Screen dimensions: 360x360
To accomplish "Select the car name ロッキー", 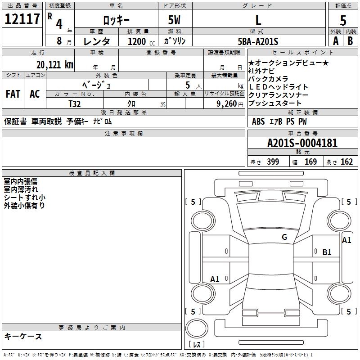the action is (116, 20).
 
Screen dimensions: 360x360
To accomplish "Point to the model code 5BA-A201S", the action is (258, 41).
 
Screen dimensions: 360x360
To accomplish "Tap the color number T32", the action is (75, 103).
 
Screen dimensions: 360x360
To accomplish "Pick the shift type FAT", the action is (13, 94).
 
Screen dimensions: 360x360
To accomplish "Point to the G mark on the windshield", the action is (284, 237).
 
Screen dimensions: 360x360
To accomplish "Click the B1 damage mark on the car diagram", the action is (327, 252).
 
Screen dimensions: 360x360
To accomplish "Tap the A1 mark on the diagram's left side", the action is (215, 279).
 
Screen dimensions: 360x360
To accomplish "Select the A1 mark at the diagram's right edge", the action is (346, 240).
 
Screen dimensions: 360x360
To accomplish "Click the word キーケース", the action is (23, 336).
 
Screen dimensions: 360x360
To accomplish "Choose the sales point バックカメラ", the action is (268, 79).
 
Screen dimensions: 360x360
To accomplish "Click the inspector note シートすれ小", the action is (24, 197).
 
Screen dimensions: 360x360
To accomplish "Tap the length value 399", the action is (273, 162).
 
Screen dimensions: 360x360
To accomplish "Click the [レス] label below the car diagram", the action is (197, 345).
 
